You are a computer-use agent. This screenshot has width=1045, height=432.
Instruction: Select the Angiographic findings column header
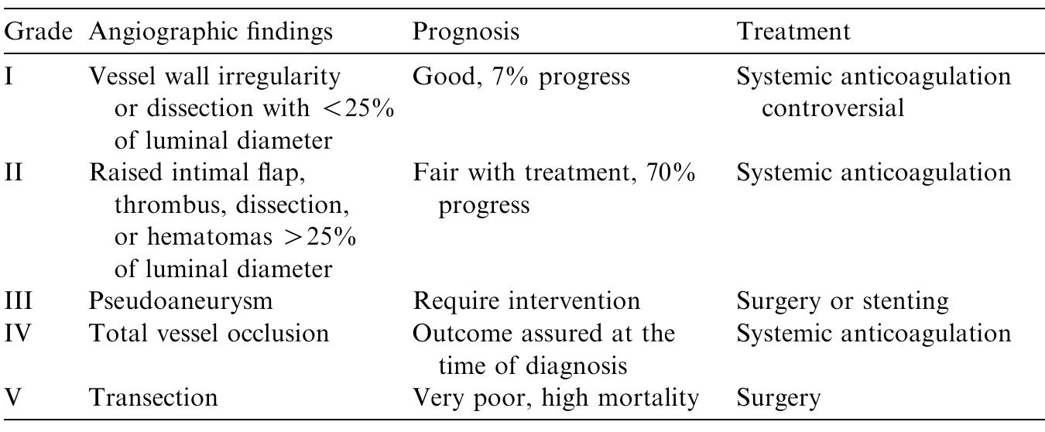pos(211,32)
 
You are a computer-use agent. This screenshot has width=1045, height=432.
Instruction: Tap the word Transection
pos(153,397)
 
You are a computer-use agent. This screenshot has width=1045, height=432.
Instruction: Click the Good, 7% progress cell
pos(522,77)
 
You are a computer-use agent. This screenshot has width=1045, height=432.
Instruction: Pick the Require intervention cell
pos(526,300)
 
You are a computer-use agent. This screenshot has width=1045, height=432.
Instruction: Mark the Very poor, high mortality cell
pos(556,397)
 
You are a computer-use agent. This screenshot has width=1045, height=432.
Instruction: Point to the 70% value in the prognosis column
pos(670,173)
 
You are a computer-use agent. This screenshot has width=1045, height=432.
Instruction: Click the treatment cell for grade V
pos(777,397)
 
